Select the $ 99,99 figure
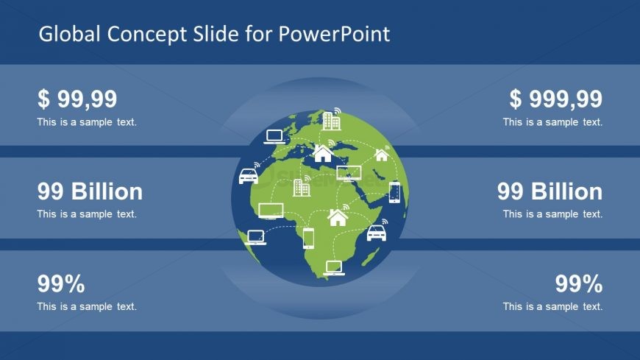click(77, 99)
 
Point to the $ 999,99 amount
click(555, 99)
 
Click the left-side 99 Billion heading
click(90, 191)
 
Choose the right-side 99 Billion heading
click(550, 191)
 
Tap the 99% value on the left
click(61, 283)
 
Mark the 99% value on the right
click(579, 283)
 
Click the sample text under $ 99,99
click(87, 122)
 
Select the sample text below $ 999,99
click(553, 122)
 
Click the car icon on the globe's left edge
click(249, 176)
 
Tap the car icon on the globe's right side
click(376, 233)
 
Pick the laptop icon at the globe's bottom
click(333, 267)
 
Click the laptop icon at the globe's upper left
click(274, 136)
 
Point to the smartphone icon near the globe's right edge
click(394, 192)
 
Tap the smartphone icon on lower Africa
click(308, 238)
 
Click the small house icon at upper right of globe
click(381, 155)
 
